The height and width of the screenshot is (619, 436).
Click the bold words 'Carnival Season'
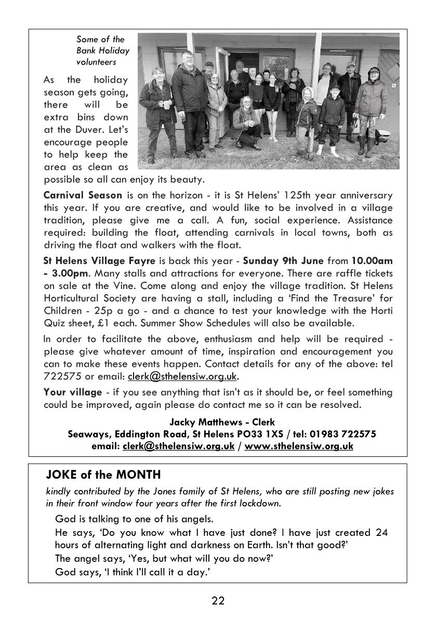point(83,195)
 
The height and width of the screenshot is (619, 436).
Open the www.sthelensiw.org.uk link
point(298,446)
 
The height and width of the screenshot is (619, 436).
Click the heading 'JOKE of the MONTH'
point(103,475)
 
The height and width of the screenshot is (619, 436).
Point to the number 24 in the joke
point(380,532)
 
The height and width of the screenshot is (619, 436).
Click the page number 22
point(218,601)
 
